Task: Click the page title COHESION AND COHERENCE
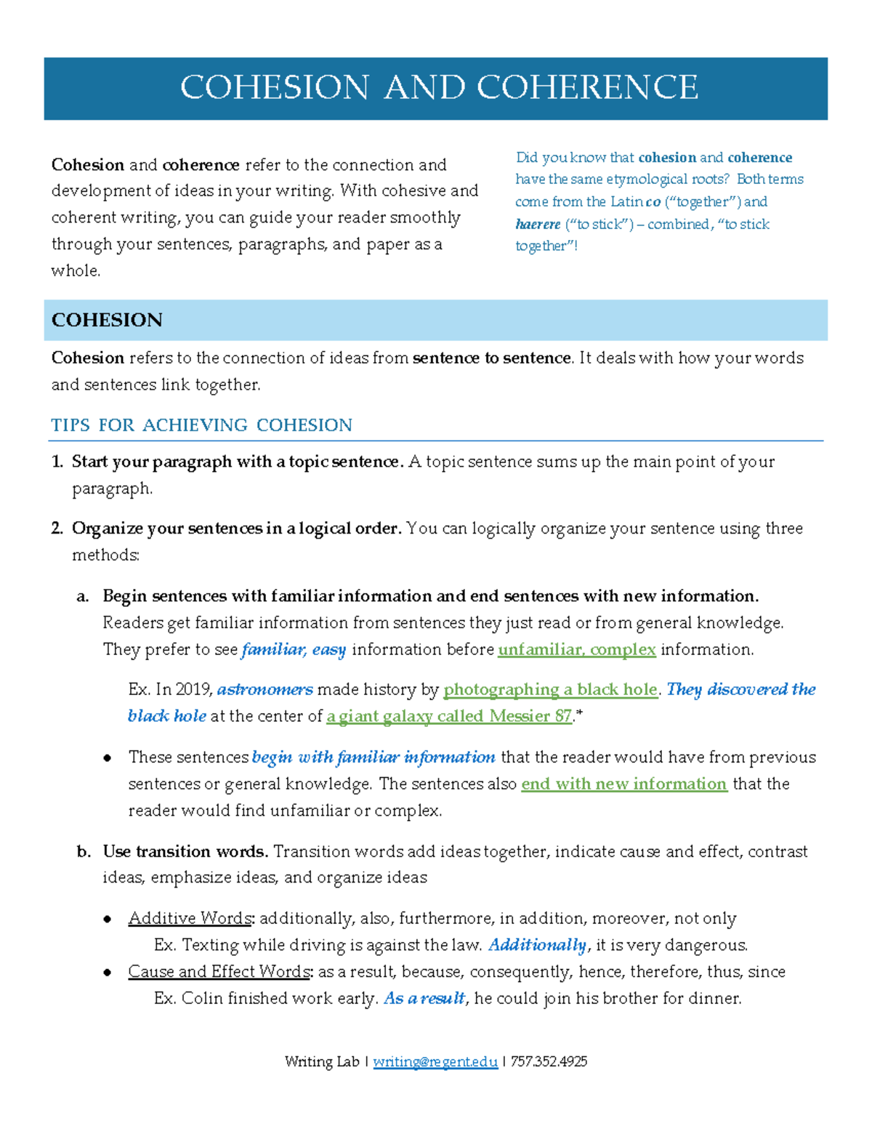pyautogui.click(x=439, y=88)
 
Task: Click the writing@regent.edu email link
pyautogui.click(x=435, y=1061)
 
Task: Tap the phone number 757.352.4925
pyautogui.click(x=549, y=1061)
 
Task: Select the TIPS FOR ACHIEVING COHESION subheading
pyautogui.click(x=201, y=425)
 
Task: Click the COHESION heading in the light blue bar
pyautogui.click(x=107, y=321)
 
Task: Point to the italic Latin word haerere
pyautogui.click(x=538, y=224)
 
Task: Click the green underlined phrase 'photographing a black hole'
pyautogui.click(x=550, y=689)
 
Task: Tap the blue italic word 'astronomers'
pyautogui.click(x=265, y=689)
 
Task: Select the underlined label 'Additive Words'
pyautogui.click(x=190, y=918)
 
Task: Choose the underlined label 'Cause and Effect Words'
pyautogui.click(x=219, y=971)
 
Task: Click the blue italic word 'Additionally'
pyautogui.click(x=537, y=945)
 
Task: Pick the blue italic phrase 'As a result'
pyautogui.click(x=424, y=998)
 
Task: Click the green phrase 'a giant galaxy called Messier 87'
pyautogui.click(x=449, y=716)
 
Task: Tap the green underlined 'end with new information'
pyautogui.click(x=624, y=784)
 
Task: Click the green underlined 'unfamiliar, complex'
pyautogui.click(x=577, y=649)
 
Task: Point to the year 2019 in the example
pyautogui.click(x=193, y=689)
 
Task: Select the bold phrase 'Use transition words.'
pyautogui.click(x=185, y=851)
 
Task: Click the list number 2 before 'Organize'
pyautogui.click(x=57, y=529)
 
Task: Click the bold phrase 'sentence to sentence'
pyautogui.click(x=492, y=358)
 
